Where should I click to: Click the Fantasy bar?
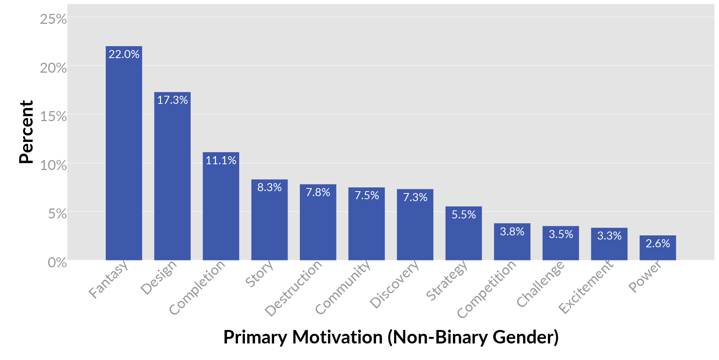[x=124, y=154]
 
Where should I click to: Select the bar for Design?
[x=172, y=177]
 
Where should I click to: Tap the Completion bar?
[x=221, y=208]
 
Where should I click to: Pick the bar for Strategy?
[x=463, y=235]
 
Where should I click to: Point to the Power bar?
[x=657, y=250]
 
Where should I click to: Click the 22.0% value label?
[x=124, y=54]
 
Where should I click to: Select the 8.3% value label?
[x=270, y=187]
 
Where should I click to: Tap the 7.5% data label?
[x=366, y=195]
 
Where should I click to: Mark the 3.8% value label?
[x=512, y=232]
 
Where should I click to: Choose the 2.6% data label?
[x=657, y=243]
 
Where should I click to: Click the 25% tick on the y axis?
[x=53, y=19]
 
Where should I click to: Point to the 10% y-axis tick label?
[x=53, y=165]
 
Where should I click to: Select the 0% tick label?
[x=57, y=263]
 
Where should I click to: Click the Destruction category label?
[x=294, y=288]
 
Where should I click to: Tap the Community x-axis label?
[x=343, y=287]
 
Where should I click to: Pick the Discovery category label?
[x=394, y=284]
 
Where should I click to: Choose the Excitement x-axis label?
[x=586, y=287]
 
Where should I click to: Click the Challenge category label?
[x=541, y=284]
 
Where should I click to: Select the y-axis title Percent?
[x=26, y=132]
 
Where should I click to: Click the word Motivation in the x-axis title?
[x=337, y=337]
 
